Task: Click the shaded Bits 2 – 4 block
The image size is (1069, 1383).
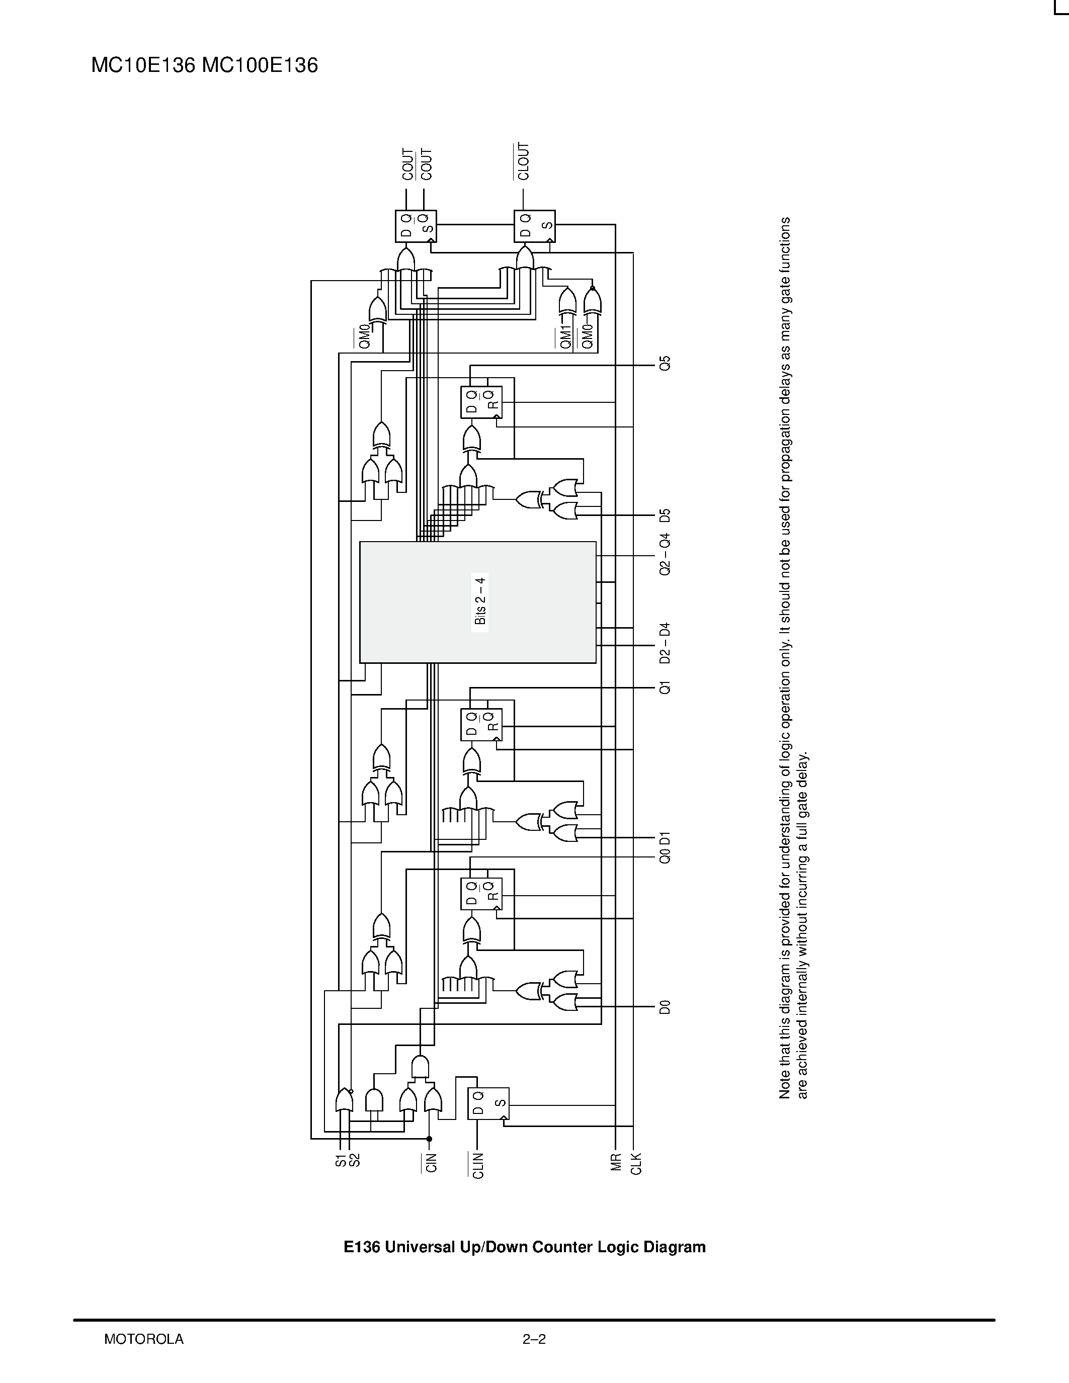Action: [x=477, y=601]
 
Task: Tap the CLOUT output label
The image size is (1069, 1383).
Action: [x=523, y=161]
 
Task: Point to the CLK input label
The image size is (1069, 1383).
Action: [x=636, y=1164]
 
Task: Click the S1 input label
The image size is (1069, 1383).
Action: [x=341, y=1160]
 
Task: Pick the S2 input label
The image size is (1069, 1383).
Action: [x=355, y=1160]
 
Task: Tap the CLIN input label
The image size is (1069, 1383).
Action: [x=478, y=1166]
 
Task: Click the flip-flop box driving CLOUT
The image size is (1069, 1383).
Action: [x=534, y=226]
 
